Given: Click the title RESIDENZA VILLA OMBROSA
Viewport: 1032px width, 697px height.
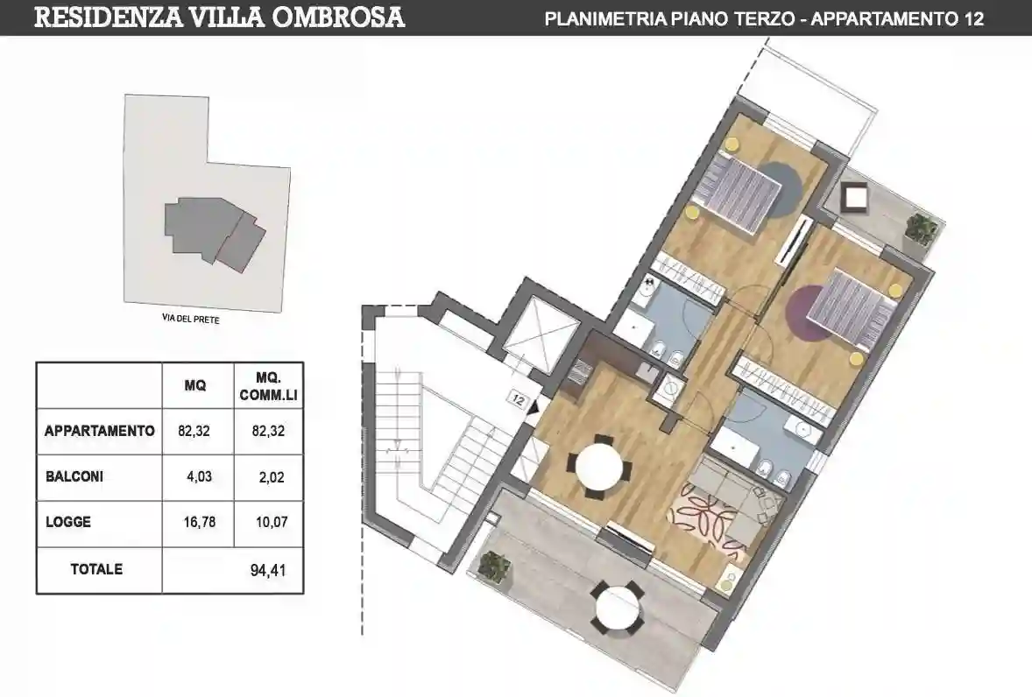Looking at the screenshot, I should click(219, 17).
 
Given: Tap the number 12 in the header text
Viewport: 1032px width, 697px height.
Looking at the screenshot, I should click(973, 18).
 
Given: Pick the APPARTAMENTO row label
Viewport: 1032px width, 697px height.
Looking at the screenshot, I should click(99, 431).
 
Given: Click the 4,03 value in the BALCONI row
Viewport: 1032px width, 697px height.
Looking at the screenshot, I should click(198, 477).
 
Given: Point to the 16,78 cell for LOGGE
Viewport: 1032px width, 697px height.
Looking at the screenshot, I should click(198, 523).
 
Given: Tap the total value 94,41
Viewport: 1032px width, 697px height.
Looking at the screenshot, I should click(268, 570).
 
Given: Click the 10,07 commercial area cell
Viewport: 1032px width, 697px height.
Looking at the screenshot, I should click(268, 523).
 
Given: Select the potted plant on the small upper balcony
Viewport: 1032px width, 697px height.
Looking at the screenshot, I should click(921, 229).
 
